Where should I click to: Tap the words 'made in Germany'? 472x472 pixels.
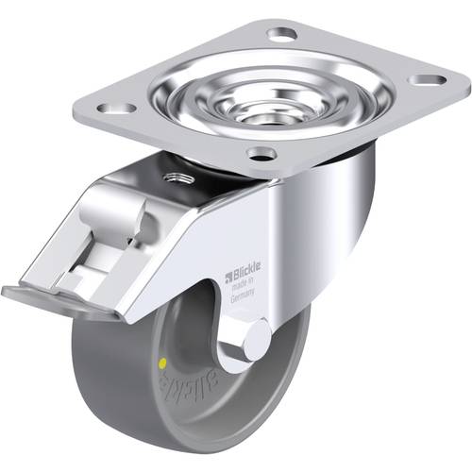click(244, 292)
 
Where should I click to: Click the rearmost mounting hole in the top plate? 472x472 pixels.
click(282, 34)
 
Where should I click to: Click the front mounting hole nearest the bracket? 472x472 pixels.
click(261, 152)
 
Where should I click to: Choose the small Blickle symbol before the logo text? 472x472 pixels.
click(227, 277)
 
